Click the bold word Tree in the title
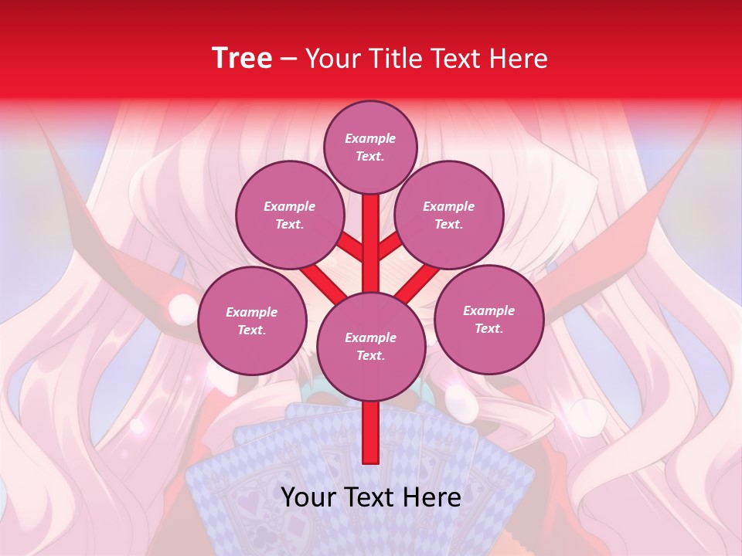[x=242, y=58]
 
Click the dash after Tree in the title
[x=289, y=59]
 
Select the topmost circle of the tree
[x=370, y=147]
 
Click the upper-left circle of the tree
[x=289, y=215]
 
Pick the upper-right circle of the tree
[x=448, y=215]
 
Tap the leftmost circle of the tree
[x=251, y=320]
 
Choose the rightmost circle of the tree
[x=488, y=319]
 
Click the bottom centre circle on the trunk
[x=370, y=346]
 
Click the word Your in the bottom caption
[x=308, y=497]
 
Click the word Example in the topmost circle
[x=370, y=138]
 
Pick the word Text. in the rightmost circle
[x=488, y=328]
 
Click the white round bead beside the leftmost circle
[x=182, y=309]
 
